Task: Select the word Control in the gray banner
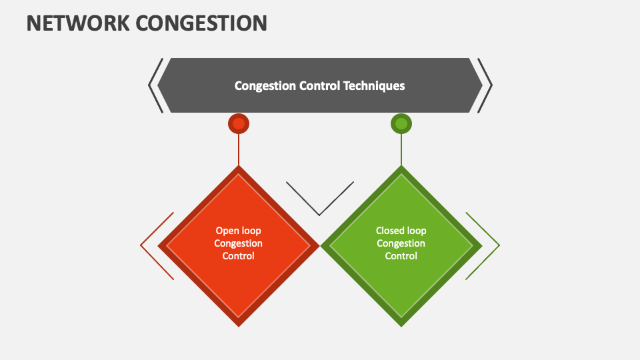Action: click(x=316, y=85)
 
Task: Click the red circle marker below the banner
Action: click(x=239, y=123)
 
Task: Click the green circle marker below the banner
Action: click(x=401, y=123)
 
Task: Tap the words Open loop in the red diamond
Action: click(x=238, y=231)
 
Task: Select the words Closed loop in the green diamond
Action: click(x=401, y=231)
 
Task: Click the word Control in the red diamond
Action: click(x=238, y=256)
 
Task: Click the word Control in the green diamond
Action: click(x=401, y=256)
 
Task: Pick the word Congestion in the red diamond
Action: click(x=238, y=243)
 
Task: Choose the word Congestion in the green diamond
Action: click(x=401, y=243)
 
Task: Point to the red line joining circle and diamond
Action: click(x=239, y=150)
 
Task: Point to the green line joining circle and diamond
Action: click(x=401, y=150)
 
